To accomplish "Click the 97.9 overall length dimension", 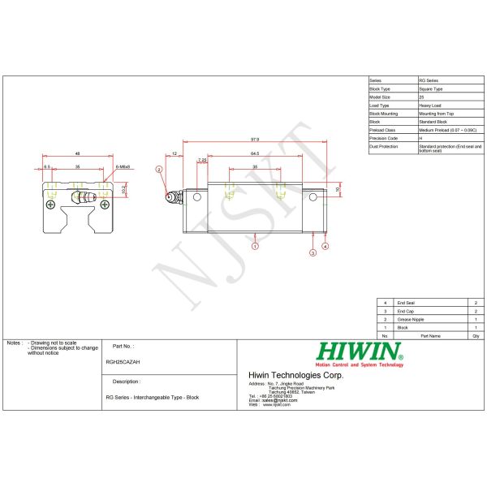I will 255,139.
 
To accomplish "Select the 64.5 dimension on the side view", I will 255,153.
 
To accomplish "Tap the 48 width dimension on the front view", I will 76,153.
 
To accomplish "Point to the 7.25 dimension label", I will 201,160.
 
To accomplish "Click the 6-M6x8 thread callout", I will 123,166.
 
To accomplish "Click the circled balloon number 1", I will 255,244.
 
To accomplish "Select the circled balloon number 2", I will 160,169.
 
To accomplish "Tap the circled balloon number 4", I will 325,245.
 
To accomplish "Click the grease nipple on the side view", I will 170,196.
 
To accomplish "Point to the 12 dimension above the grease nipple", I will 175,153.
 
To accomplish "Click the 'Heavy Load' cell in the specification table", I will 431,105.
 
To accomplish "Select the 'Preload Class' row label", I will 381,129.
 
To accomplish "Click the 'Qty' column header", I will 475,335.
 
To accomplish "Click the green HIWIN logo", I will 360,351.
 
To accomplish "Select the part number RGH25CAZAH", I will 123,363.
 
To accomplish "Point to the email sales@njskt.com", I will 273,400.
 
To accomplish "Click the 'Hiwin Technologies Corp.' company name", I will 295,375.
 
